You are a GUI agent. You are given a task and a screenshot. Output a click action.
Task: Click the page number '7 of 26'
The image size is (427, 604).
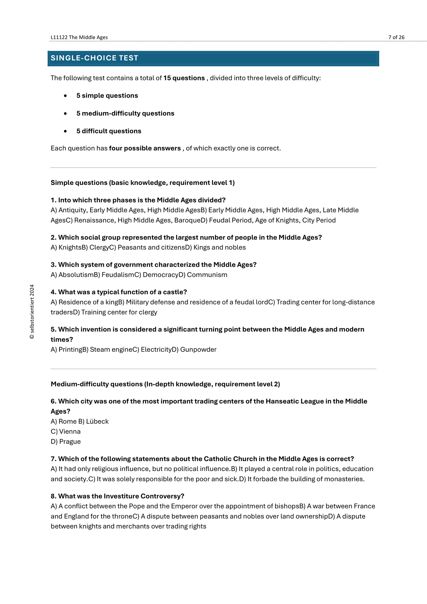[x=396, y=37]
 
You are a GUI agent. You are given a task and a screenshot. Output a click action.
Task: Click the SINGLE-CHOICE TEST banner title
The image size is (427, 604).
[x=94, y=58]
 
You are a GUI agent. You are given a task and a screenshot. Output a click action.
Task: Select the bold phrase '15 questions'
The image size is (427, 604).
[x=184, y=78]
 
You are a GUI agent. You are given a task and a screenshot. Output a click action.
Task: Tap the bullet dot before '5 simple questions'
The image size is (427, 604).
[x=65, y=96]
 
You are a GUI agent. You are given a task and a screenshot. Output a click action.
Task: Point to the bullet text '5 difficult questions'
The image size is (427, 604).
[x=109, y=131]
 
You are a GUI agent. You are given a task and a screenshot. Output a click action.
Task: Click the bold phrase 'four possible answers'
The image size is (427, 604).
[x=145, y=148]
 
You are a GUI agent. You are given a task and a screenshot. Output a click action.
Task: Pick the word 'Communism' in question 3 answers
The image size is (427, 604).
[x=207, y=275]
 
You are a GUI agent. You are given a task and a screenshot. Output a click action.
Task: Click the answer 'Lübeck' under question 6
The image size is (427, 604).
[x=97, y=421]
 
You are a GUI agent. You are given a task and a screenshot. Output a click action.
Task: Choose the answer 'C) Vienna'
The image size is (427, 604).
[x=66, y=431]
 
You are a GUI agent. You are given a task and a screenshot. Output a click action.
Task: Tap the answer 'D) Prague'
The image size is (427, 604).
[x=66, y=441]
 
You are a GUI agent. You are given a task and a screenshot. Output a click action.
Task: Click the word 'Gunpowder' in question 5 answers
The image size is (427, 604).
[x=198, y=350]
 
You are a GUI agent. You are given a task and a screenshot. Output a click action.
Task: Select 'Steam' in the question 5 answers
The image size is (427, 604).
[x=98, y=350]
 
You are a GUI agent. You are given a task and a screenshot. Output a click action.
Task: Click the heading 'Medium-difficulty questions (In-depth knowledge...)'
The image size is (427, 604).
[x=165, y=384]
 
